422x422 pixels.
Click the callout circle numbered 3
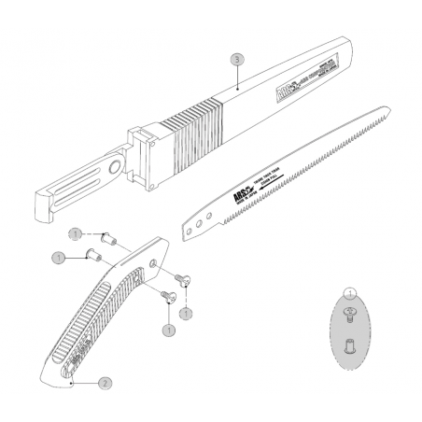(x=237, y=59)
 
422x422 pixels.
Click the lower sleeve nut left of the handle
(x=91, y=254)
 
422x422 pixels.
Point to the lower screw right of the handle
(x=168, y=297)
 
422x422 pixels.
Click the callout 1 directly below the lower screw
(x=169, y=329)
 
